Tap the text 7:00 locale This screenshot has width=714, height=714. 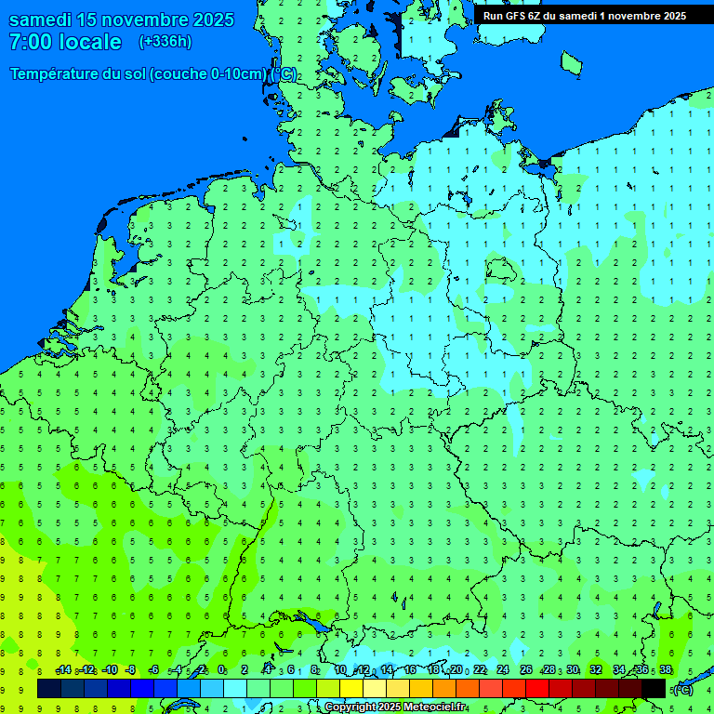[65, 42]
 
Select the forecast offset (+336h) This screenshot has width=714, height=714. [165, 42]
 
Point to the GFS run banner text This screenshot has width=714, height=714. [584, 16]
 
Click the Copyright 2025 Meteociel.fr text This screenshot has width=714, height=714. [396, 707]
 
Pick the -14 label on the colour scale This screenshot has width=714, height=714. [63, 670]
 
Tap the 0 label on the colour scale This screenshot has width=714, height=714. [221, 670]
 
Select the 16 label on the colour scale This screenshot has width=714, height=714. [410, 670]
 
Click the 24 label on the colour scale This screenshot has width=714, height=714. [503, 670]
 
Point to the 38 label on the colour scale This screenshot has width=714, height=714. [666, 670]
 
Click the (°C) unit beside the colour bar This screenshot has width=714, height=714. [683, 690]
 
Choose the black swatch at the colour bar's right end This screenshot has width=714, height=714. [654, 689]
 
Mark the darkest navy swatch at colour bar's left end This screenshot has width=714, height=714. [49, 689]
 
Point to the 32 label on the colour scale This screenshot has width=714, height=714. [596, 670]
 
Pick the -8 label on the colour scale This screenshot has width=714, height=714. [131, 670]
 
